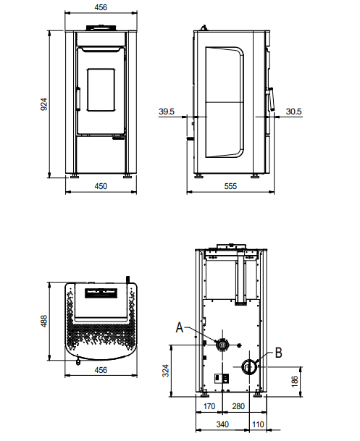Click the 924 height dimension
tap(44, 104)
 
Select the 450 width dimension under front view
tap(101, 186)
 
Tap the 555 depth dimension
tap(230, 186)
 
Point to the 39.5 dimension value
tap(167, 112)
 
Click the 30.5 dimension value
tap(293, 112)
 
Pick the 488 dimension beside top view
tap(44, 321)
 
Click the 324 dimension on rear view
tap(166, 371)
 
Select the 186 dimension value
tap(295, 382)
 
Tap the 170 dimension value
tap(209, 406)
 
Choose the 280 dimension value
tap(238, 406)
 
